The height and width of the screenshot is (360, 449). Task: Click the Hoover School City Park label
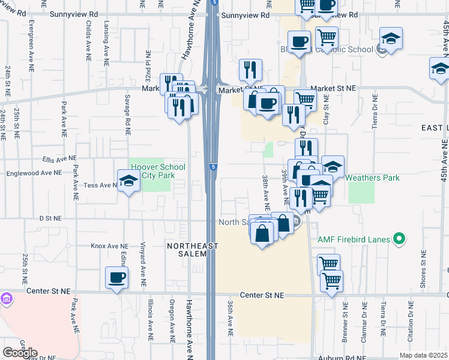point(157,172)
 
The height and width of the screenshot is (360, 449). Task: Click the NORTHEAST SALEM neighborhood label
point(186,250)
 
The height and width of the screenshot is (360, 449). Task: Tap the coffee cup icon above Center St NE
point(117,278)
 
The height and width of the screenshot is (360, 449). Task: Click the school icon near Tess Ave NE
point(128,182)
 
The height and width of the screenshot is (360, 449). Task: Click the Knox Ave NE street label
point(109,246)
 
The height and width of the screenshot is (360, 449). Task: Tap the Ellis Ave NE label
point(59,158)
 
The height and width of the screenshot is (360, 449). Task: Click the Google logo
point(20,353)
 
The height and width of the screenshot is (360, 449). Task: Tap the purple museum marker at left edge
point(6,298)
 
